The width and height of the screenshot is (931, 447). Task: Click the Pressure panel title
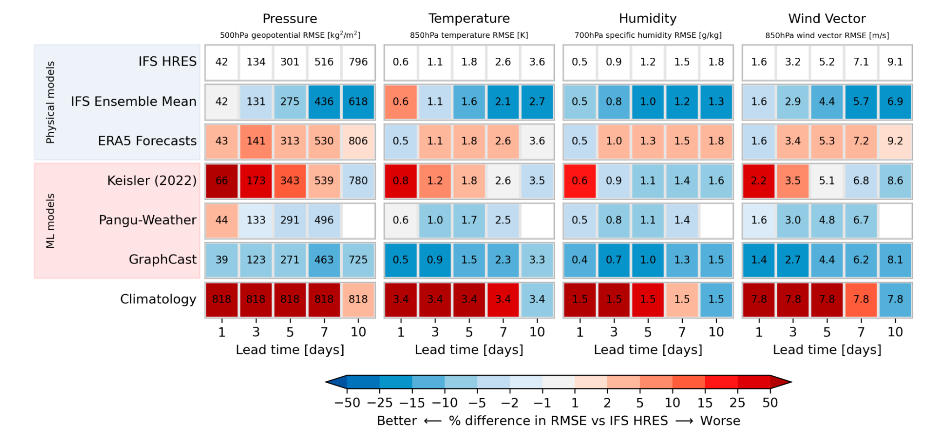coord(290,19)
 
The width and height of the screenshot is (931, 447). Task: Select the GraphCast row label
coord(163,259)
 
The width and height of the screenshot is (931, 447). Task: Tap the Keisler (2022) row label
coord(152,181)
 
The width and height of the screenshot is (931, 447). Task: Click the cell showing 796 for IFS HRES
coord(358,62)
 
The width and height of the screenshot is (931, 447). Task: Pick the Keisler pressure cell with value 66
coord(222,181)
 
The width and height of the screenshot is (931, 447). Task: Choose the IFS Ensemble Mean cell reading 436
coord(324,102)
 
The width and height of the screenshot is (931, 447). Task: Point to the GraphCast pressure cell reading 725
coord(358,260)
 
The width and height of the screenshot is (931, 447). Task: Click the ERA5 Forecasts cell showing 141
coord(256,141)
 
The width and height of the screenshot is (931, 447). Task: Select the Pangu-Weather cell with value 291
coord(290,220)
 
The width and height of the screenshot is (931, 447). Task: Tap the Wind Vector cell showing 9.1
coord(895,62)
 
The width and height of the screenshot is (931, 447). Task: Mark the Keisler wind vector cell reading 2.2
coord(759,181)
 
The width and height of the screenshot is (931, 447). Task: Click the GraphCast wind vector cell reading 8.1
coord(895,260)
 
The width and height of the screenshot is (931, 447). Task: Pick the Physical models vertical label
coord(50,102)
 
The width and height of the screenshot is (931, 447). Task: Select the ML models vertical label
coord(50,221)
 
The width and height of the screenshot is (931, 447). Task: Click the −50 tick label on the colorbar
coord(347,403)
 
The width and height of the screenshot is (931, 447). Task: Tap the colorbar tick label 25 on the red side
coord(737,403)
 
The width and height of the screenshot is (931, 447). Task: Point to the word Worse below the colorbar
coord(720,421)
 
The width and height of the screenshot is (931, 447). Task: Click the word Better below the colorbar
coord(397,421)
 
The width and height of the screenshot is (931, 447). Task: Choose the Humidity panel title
coord(647,19)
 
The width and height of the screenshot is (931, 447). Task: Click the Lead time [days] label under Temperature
coord(469,350)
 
